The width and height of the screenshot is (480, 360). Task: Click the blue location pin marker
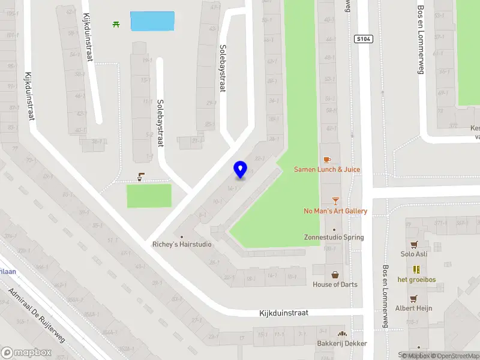pos(241,169)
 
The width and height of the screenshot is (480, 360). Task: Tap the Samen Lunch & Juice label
pos(327,169)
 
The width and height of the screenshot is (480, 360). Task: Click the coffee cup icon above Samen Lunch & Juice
pos(327,160)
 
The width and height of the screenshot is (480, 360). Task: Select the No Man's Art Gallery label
pos(335,211)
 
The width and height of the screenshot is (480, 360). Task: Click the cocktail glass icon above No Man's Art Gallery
pos(335,201)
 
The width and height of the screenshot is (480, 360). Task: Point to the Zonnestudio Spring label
pos(334,237)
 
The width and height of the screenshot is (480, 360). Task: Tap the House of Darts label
pos(335,284)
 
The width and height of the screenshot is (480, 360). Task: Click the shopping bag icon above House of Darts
pos(335,274)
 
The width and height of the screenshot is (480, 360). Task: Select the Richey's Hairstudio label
pos(182,244)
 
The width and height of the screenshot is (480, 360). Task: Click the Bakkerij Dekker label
pos(342,343)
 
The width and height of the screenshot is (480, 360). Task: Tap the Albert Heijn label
pos(413,308)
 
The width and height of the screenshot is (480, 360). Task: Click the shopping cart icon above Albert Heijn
pos(413,298)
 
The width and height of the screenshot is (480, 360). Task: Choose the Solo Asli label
pos(413,254)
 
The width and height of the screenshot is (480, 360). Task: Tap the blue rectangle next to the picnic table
pos(152,21)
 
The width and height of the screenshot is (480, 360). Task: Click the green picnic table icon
pos(115,24)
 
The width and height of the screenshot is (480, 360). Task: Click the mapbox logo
pos(26,353)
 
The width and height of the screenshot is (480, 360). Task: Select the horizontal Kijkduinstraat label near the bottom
pos(284,313)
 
